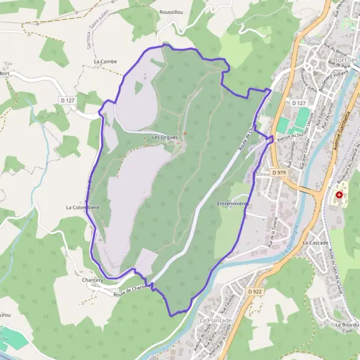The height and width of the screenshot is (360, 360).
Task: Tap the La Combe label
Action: pyautogui.click(x=105, y=61)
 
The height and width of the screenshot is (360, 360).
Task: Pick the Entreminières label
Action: pyautogui.click(x=233, y=203)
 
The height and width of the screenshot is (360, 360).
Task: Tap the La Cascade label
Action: pyautogui.click(x=315, y=243)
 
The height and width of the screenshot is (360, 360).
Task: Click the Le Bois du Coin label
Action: pyautogui.click(x=346, y=328)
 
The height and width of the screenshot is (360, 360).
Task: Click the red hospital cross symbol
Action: pyautogui.click(x=340, y=196)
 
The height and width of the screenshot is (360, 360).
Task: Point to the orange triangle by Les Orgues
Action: pyautogui.click(x=185, y=133)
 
